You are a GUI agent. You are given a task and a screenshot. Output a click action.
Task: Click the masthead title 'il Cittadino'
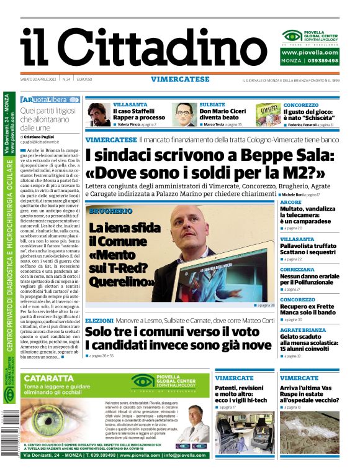click(x=135, y=47)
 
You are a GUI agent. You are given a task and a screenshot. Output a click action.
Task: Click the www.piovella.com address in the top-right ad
click(x=310, y=52)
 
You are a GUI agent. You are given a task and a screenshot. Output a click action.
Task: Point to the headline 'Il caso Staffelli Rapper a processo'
click(x=138, y=114)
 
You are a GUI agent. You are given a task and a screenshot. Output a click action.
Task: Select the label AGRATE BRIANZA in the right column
click(x=302, y=329)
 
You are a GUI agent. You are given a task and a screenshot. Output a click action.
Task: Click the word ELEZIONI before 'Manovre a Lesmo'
click(x=99, y=319)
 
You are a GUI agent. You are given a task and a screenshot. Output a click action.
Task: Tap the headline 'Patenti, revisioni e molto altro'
click(x=240, y=393)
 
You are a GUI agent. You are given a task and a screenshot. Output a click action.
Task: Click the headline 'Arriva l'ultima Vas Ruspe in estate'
click(x=308, y=393)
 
